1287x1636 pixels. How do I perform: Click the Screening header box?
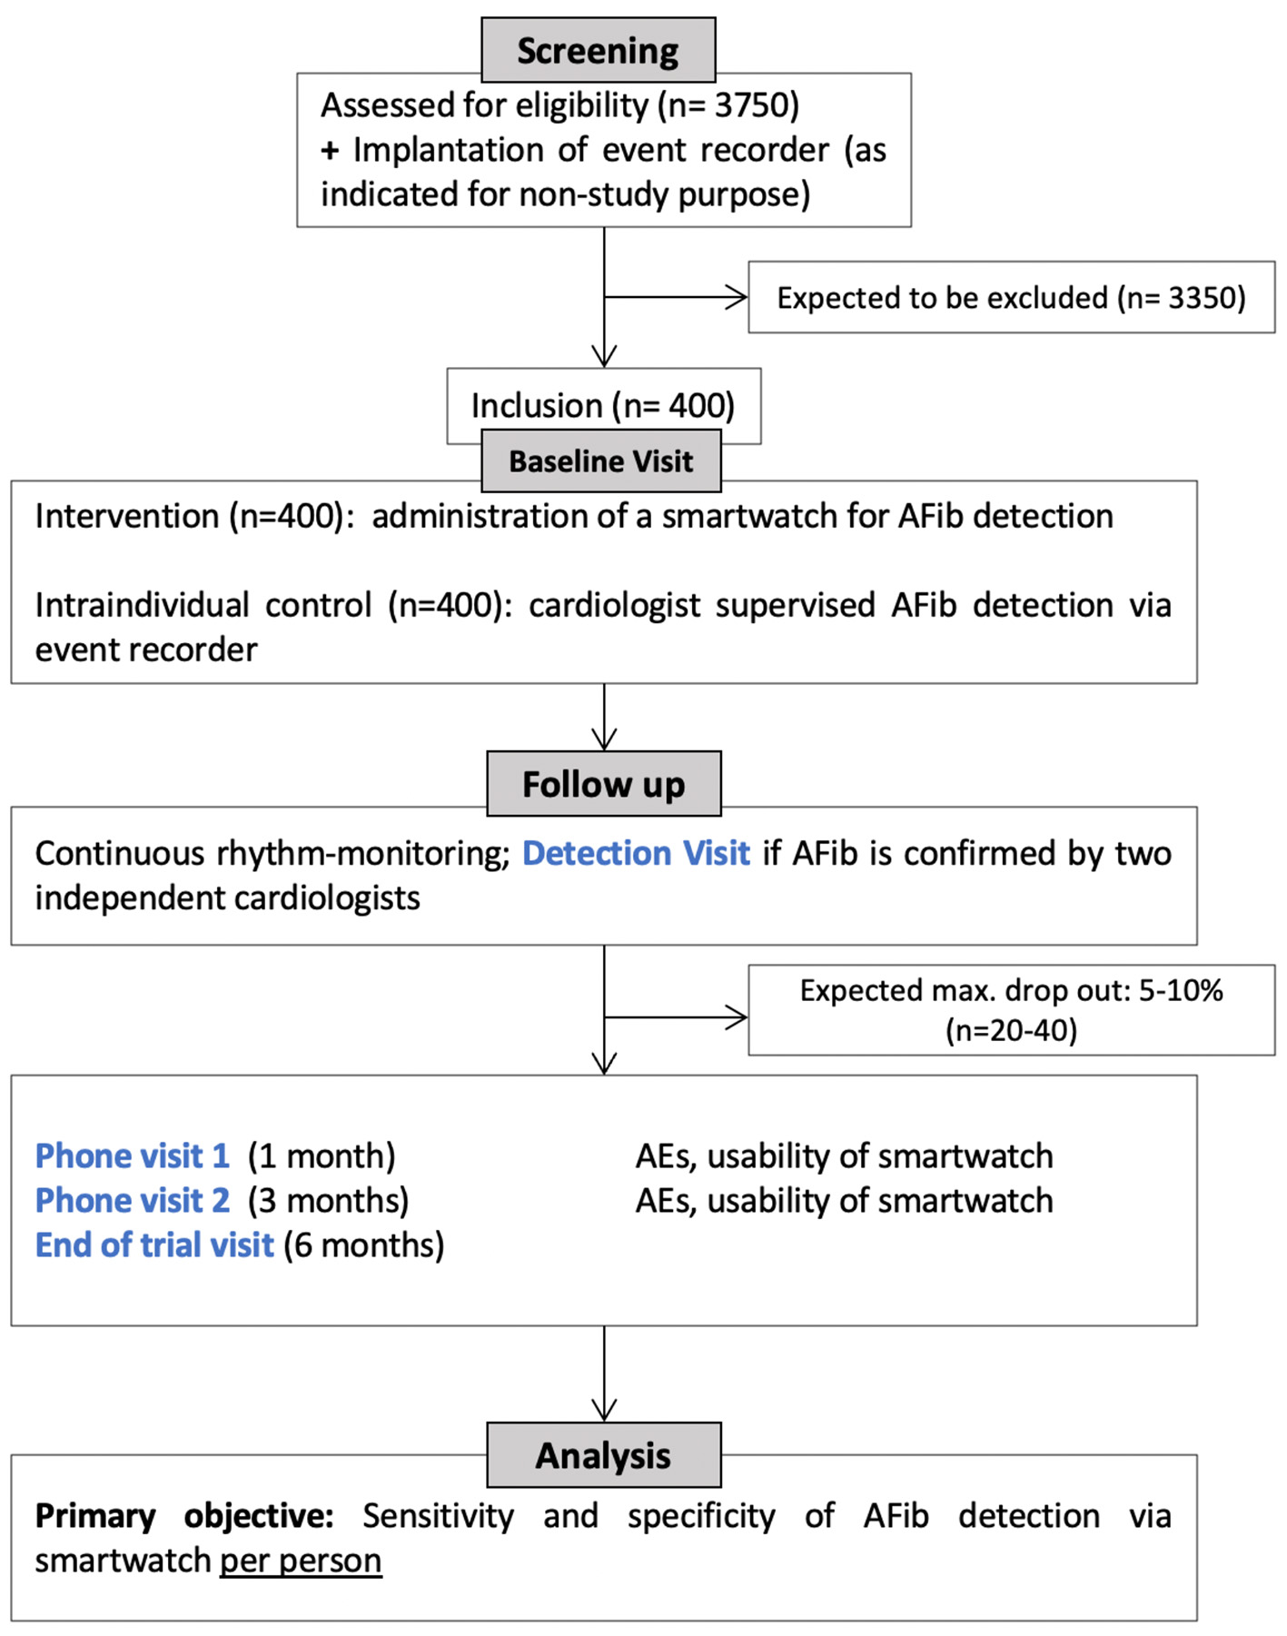(598, 50)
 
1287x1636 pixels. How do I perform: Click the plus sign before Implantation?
(330, 150)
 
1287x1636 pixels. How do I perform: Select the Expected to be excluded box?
(1010, 298)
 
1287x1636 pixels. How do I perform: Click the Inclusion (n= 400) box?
(602, 405)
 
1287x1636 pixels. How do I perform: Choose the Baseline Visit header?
(600, 461)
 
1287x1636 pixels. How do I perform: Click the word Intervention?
(126, 516)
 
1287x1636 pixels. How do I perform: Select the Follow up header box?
(603, 784)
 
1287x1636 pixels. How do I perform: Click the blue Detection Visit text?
(636, 853)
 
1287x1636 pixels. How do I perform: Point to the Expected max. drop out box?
(1010, 1009)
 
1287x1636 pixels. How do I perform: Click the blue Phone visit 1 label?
(132, 1155)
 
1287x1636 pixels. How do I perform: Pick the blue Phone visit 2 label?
(132, 1200)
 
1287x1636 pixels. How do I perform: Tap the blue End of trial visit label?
(154, 1244)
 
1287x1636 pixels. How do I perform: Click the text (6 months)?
(363, 1244)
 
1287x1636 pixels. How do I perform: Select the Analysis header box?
(603, 1455)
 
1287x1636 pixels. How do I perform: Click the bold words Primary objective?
(183, 1515)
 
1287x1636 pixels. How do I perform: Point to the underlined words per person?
(301, 1561)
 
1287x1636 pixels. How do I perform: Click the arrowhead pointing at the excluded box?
(738, 297)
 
